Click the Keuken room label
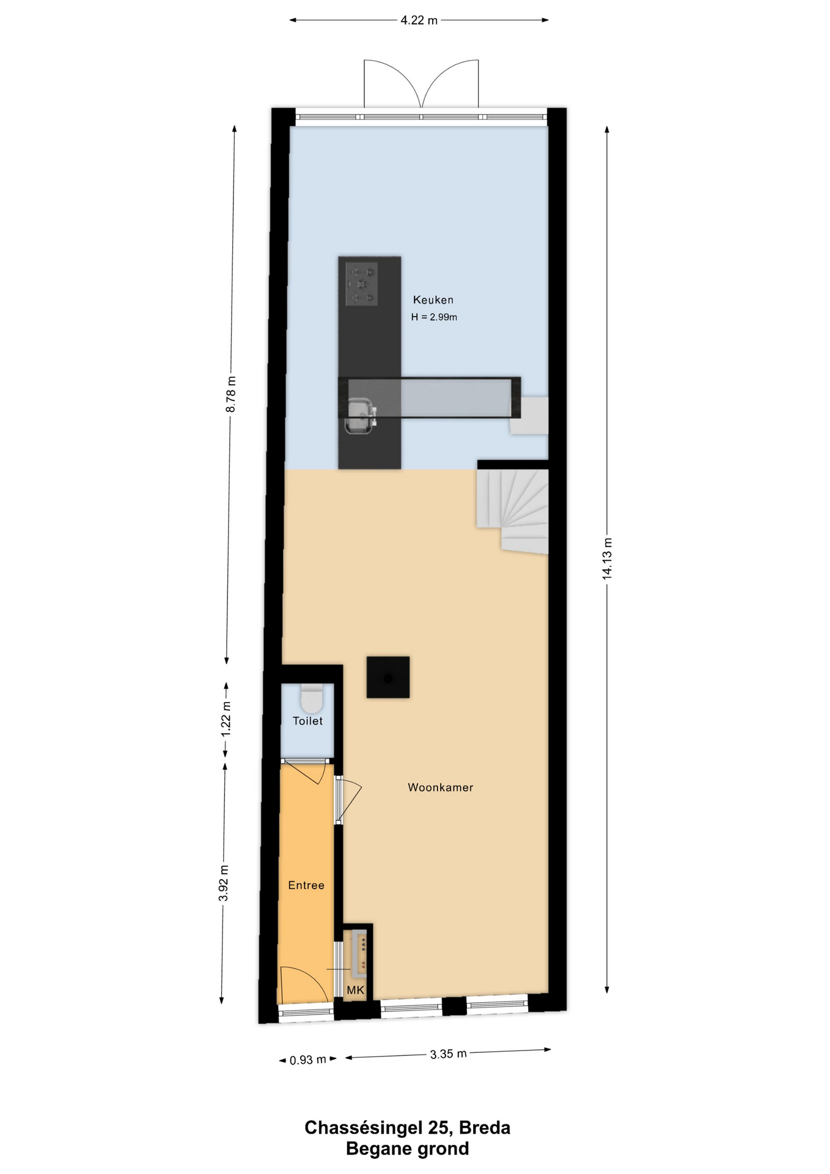(433, 300)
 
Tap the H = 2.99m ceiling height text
(434, 317)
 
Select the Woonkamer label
(440, 788)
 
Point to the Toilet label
(307, 721)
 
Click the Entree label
(306, 885)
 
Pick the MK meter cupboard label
(355, 990)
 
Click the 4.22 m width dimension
(419, 20)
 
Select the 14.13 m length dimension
(607, 558)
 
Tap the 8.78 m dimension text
(231, 394)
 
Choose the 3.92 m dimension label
(223, 883)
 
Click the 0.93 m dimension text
(308, 1060)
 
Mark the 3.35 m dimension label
(449, 1054)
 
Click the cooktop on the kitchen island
(361, 284)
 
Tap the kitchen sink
(361, 415)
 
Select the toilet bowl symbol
(312, 699)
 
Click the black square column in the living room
(388, 677)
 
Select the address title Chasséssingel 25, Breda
(408, 1128)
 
